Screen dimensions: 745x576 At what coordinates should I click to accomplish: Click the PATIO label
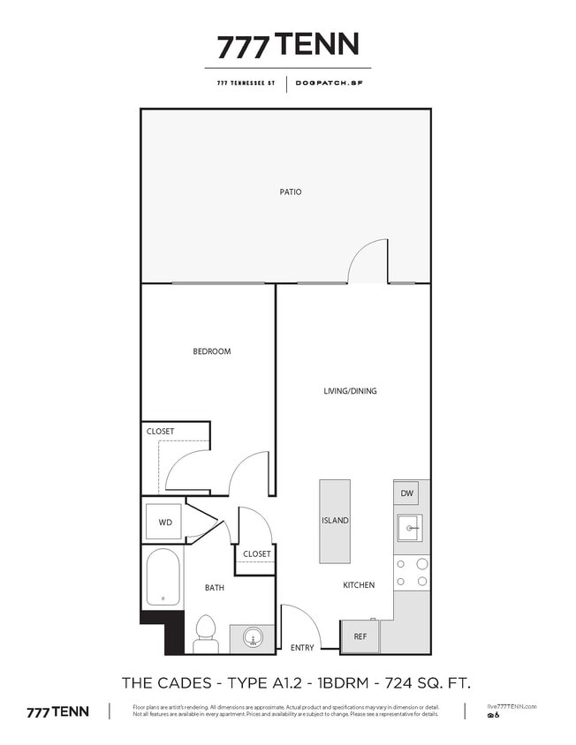[x=291, y=192]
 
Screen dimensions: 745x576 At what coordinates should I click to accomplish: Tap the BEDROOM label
[x=212, y=351]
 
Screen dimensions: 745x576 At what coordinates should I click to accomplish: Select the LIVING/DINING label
[x=351, y=391]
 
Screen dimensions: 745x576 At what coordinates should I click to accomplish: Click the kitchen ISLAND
[x=335, y=521]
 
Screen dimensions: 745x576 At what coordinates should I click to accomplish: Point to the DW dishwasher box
[x=406, y=493]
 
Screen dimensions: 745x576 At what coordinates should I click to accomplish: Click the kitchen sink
[x=409, y=530]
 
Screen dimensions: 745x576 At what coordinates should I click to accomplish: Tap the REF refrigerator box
[x=360, y=636]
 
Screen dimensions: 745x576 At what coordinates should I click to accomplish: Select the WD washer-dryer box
[x=165, y=523]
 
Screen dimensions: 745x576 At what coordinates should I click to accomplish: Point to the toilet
[x=206, y=634]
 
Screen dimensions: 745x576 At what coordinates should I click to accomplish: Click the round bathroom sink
[x=253, y=638]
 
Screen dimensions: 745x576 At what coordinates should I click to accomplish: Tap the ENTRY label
[x=302, y=648]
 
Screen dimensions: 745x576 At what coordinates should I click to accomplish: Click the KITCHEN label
[x=359, y=585]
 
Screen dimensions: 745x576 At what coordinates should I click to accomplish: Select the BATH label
[x=215, y=588]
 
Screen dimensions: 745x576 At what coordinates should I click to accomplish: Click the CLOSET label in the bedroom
[x=161, y=432]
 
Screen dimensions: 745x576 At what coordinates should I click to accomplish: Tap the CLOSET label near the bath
[x=256, y=554]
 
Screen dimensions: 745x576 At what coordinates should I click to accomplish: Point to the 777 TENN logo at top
[x=288, y=45]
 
